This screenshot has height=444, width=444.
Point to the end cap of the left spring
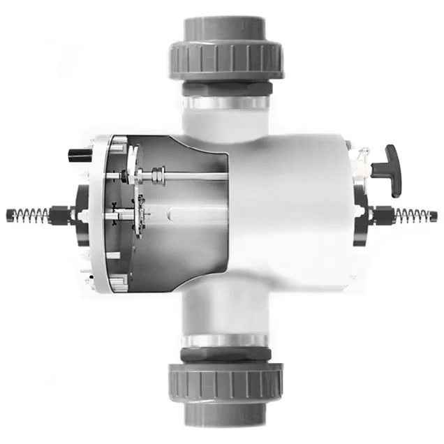pyautogui.click(x=9, y=213)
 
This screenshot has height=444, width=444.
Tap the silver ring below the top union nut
pyautogui.click(x=225, y=102)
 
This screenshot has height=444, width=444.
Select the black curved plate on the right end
pyautogui.click(x=360, y=216)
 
